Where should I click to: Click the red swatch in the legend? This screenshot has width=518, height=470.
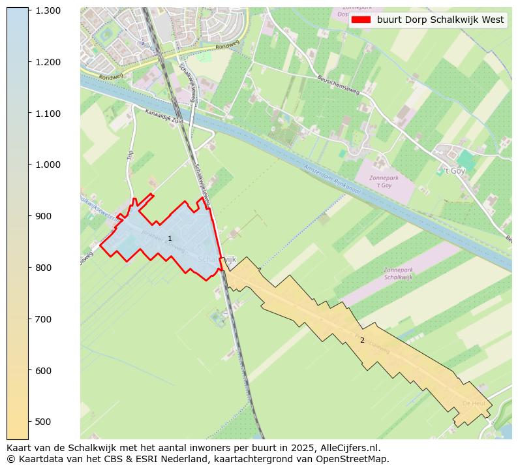[x=360, y=20]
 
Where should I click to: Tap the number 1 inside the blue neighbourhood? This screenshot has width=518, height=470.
[x=170, y=239]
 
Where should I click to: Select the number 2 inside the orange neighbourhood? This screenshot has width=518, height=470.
[x=362, y=340]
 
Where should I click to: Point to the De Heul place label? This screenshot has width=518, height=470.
[x=474, y=403]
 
